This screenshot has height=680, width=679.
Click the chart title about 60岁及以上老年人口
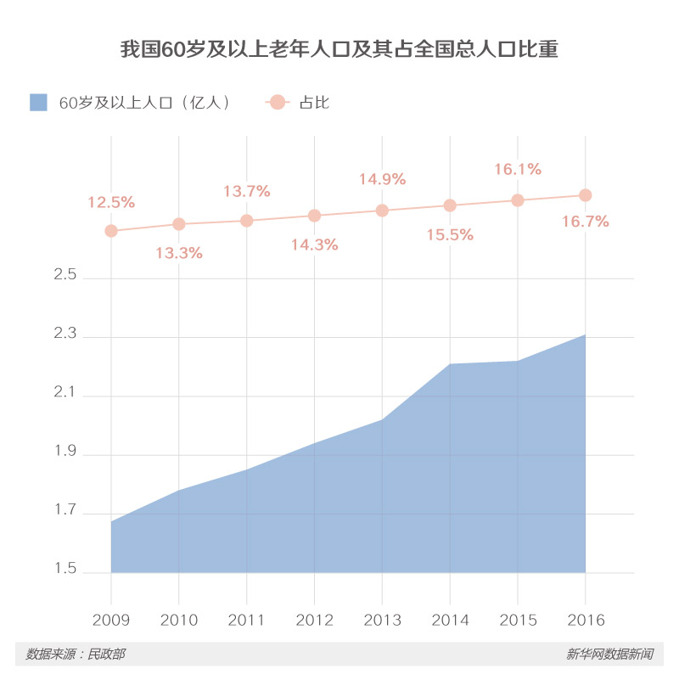(339, 48)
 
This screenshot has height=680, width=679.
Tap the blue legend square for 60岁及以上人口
(38, 103)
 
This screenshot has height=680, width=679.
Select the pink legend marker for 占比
(278, 103)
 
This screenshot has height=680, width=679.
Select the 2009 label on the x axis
(110, 621)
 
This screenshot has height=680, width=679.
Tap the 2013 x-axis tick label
(382, 621)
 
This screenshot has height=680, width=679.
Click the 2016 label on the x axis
(585, 621)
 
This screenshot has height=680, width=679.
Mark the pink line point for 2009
(110, 231)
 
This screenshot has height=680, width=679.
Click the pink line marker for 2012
(314, 216)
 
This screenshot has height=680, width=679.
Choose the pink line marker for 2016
(585, 195)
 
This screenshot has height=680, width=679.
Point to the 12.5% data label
(111, 203)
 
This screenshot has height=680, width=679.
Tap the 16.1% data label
(518, 170)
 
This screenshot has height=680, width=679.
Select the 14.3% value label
(314, 244)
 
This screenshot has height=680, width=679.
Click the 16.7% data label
(586, 222)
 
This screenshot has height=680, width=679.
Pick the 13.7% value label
(247, 192)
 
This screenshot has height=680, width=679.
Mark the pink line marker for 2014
(450, 205)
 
